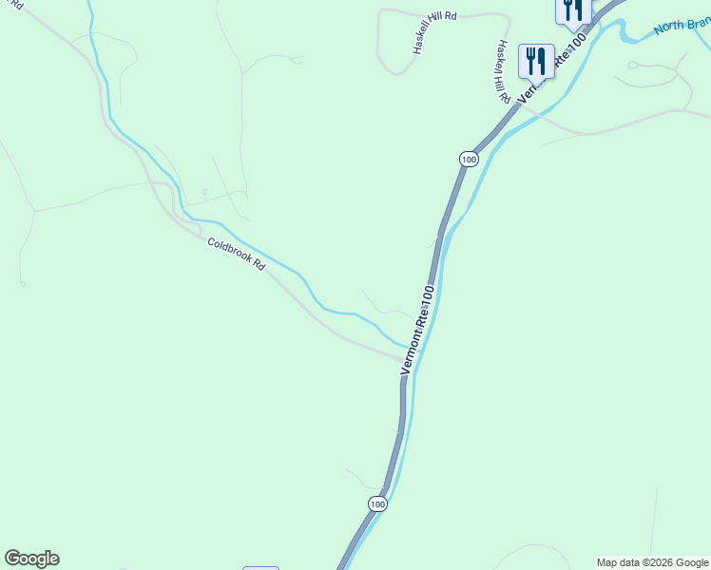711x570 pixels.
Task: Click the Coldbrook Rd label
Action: (x=236, y=254)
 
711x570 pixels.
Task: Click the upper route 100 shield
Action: (x=468, y=160)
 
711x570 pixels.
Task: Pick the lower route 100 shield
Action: (x=377, y=504)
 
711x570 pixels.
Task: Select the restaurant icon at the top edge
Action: (x=573, y=9)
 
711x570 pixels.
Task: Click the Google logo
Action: (x=31, y=559)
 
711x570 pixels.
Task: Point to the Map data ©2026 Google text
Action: (x=653, y=562)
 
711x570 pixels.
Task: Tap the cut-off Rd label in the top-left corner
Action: (x=17, y=6)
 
